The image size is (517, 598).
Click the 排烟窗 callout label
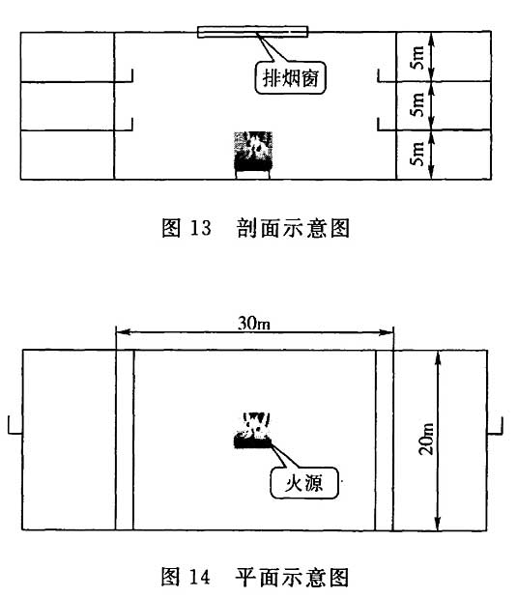click(x=290, y=78)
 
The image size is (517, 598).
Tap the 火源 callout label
click(x=304, y=483)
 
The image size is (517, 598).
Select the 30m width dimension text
click(x=254, y=324)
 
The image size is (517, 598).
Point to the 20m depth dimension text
click(x=426, y=439)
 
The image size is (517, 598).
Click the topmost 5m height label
click(x=417, y=57)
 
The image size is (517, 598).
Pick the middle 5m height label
click(x=417, y=104)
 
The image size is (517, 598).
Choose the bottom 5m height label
click(x=417, y=154)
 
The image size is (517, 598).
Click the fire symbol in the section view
click(x=252, y=155)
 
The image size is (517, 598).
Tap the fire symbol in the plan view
click(x=252, y=430)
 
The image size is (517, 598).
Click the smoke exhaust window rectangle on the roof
click(x=252, y=32)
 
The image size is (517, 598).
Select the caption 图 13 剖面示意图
click(x=256, y=228)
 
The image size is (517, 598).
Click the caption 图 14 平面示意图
click(x=255, y=576)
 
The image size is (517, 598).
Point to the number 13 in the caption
click(x=201, y=228)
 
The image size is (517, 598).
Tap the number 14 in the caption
click(x=200, y=577)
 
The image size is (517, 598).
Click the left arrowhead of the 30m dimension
click(x=123, y=332)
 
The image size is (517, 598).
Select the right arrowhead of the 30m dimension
click(x=387, y=332)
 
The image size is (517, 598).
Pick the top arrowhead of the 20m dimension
click(x=438, y=357)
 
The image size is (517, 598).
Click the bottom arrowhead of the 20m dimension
click(x=438, y=523)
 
